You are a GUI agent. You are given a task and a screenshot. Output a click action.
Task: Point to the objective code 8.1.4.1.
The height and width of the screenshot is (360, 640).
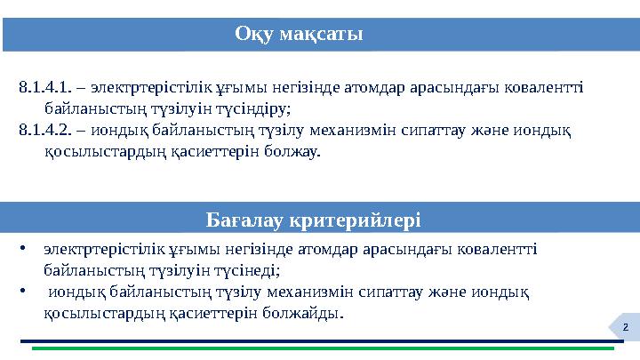[44, 88]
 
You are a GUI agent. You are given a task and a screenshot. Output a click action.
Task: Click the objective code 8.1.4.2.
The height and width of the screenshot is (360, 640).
[44, 131]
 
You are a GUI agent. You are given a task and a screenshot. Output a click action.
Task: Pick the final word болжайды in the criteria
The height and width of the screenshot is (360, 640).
[309, 314]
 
